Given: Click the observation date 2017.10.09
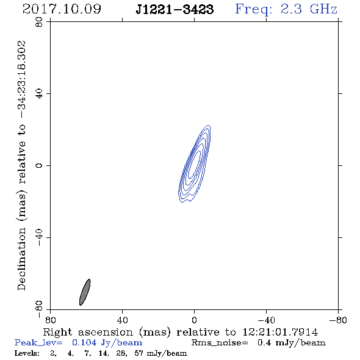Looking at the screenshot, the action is tap(62, 9).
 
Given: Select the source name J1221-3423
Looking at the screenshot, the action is tap(175, 10).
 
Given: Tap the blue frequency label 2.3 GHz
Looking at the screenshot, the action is tap(309, 9).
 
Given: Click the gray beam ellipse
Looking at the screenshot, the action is tap(85, 292).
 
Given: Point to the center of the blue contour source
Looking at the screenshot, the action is tap(195, 164).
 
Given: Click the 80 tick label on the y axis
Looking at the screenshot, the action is tap(39, 22).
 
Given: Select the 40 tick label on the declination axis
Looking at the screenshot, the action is tap(39, 94).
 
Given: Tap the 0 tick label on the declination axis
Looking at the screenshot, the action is tap(39, 165).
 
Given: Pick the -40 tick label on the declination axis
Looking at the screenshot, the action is tap(39, 237).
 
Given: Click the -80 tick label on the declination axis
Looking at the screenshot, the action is tap(39, 309).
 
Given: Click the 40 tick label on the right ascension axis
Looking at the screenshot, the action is tap(122, 320).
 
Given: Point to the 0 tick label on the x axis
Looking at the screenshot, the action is tap(194, 320).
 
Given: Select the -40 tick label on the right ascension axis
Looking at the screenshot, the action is tap(266, 320).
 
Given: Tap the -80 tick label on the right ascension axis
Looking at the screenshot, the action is tap(338, 320).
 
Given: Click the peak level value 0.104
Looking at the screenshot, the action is tap(84, 342).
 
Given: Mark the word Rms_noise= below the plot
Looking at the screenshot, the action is tap(220, 343).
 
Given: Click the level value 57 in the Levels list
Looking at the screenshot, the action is tap(139, 353).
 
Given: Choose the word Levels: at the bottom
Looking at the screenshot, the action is tap(27, 353).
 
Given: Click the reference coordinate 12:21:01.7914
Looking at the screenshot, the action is tap(280, 332).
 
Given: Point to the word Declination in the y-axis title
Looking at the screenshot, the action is tap(21, 259).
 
